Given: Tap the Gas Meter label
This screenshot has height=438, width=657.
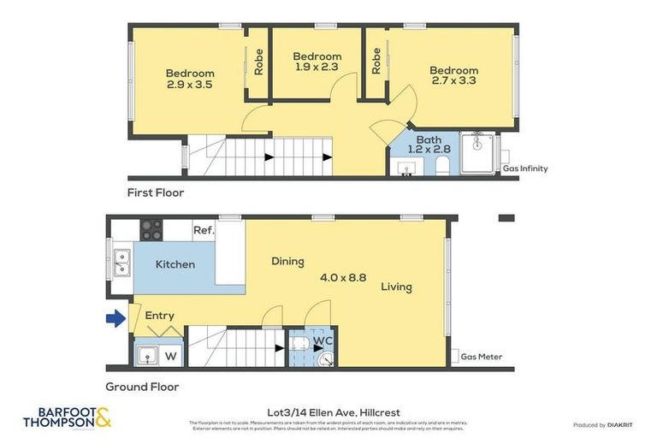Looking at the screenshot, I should pyautogui.click(x=482, y=357).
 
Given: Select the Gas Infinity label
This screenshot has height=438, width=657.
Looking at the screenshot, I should pyautogui.click(x=524, y=169).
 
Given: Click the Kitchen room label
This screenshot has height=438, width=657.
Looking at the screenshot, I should pyautogui.click(x=175, y=264).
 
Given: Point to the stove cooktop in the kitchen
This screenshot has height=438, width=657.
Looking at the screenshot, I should pyautogui.click(x=151, y=229).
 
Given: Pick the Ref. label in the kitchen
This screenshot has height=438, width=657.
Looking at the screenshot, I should pyautogui.click(x=204, y=230).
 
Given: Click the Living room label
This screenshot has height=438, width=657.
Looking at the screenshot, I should pyautogui.click(x=397, y=287).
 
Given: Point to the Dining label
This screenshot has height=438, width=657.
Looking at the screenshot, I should pyautogui.click(x=287, y=261).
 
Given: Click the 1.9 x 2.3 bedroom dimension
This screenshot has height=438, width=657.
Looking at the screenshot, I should pyautogui.click(x=317, y=67).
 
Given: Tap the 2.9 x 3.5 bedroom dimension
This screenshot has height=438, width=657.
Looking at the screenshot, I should pyautogui.click(x=190, y=85).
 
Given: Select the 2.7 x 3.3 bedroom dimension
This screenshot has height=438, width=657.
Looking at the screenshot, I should pyautogui.click(x=453, y=81).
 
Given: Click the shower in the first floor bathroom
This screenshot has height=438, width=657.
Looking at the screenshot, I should pyautogui.click(x=477, y=153).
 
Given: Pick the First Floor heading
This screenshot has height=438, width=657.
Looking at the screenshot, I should pyautogui.click(x=155, y=193).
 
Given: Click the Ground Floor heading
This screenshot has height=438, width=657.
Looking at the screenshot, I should pyautogui.click(x=142, y=387).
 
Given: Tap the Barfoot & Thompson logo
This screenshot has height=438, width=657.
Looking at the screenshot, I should pyautogui.click(x=67, y=417).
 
